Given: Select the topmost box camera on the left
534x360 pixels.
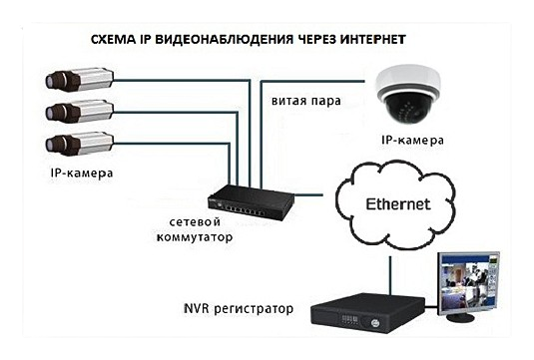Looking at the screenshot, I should tap(81, 78).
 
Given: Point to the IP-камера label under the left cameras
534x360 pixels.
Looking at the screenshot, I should tap(81, 174).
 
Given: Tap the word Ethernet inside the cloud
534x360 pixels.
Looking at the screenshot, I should tap(398, 203).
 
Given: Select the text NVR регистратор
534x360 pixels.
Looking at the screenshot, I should tap(239, 308).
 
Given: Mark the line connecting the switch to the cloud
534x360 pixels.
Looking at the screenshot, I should tap(308, 192).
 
